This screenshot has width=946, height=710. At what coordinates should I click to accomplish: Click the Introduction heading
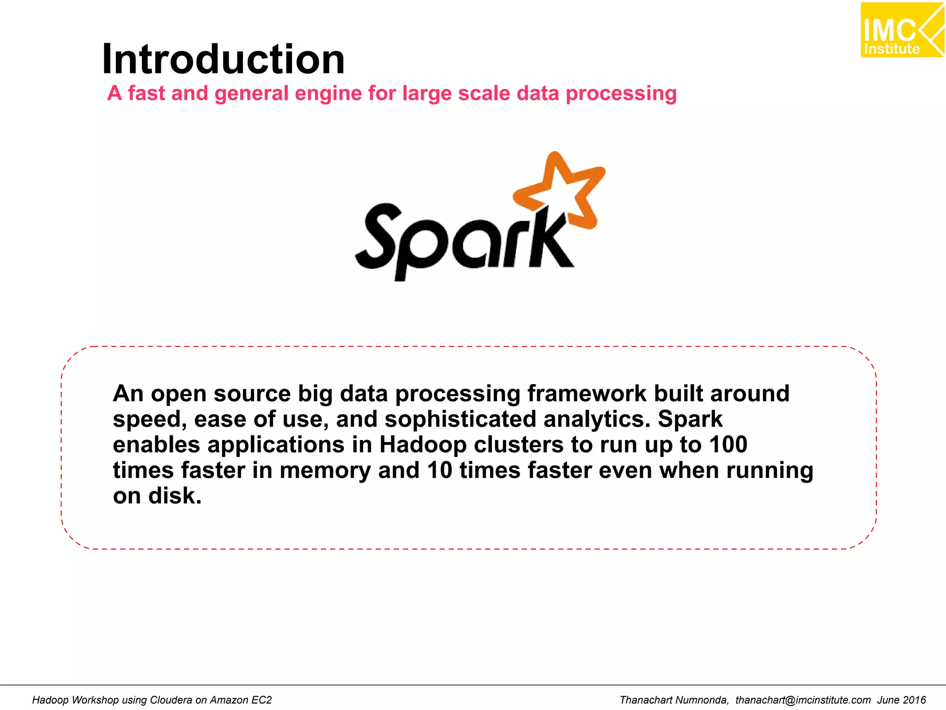(223, 59)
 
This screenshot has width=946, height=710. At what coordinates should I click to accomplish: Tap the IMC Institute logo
(901, 31)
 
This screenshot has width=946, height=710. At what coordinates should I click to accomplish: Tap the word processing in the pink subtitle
(621, 94)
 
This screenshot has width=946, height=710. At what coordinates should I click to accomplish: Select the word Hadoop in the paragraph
(423, 445)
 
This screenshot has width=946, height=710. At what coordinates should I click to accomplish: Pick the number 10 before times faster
(439, 470)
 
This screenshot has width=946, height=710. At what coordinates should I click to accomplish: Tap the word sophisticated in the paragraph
(460, 419)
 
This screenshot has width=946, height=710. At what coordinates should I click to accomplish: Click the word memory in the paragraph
(325, 471)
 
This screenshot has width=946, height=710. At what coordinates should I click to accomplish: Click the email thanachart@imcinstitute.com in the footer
(803, 700)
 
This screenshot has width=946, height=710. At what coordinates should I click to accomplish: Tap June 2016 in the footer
(902, 700)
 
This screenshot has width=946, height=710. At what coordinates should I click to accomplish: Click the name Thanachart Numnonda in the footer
(674, 700)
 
